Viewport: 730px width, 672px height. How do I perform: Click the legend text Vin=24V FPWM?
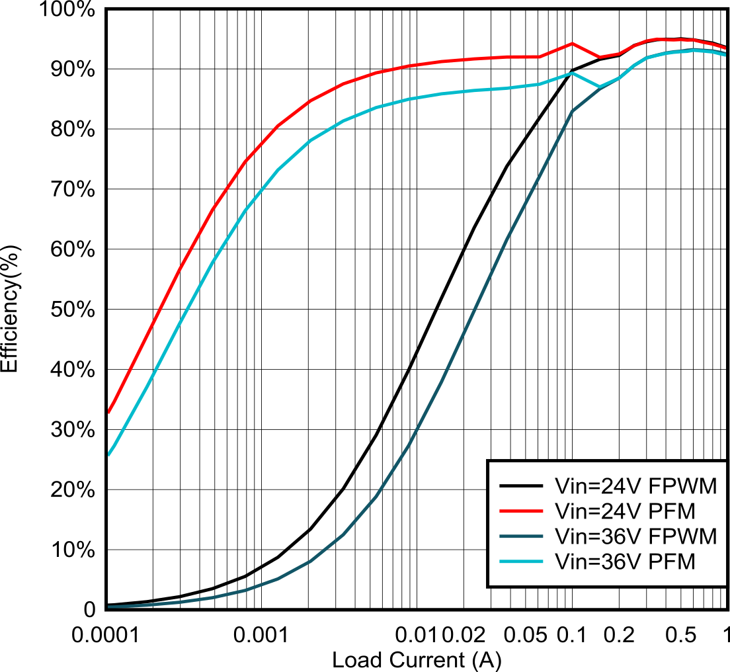pos(635,486)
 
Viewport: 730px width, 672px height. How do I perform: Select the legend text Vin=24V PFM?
pos(625,511)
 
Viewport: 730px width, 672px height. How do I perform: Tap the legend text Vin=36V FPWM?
pos(635,536)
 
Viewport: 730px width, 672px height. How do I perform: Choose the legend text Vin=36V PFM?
pos(625,562)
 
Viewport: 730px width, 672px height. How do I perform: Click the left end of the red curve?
pos(108,411)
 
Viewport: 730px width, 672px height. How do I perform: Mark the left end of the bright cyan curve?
pos(108,454)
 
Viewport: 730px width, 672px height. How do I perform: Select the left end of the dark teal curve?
pos(108,607)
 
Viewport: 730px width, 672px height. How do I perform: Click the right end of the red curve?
pos(726,48)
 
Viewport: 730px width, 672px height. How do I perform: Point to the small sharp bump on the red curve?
pos(572,44)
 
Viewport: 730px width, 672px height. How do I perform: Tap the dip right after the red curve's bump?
pos(600,57)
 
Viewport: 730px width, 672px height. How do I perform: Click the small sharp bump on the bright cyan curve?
pos(572,73)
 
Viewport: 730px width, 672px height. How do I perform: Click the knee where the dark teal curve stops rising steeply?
pos(572,112)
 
